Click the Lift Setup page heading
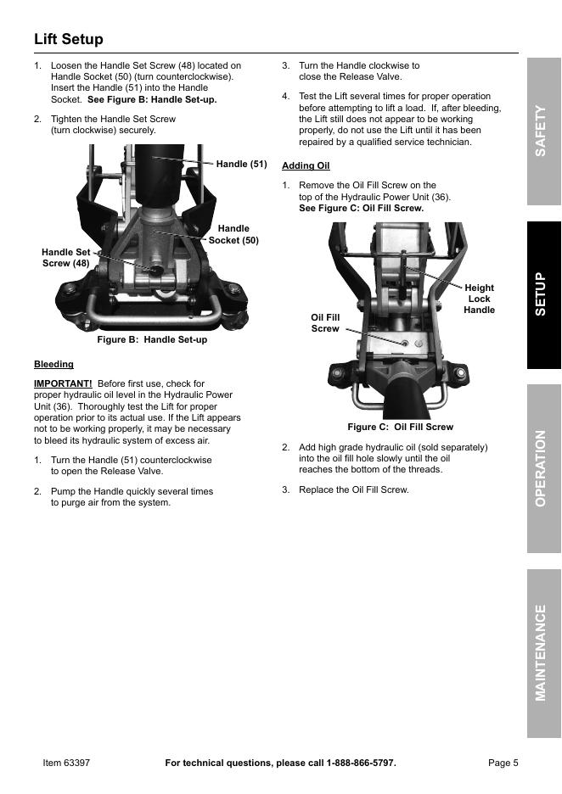pos(69,40)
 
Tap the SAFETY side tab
pos(543,131)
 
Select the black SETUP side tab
pos(543,294)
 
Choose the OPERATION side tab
pos(543,468)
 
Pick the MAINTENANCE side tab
pos(543,652)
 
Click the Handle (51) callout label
pos(241,165)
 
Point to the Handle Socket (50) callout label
pos(233,234)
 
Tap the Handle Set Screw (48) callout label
pos(65,257)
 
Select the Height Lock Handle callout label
pos(479,299)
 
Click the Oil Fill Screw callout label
pos(325,322)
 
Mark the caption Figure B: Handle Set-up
pos(152,339)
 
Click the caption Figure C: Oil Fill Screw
pos(400,427)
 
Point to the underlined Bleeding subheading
pos(53,364)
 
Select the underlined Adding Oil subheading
pos(306,165)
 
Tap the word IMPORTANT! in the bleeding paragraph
pos(63,383)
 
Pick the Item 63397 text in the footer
pos(66,763)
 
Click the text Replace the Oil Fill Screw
pos(353,489)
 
